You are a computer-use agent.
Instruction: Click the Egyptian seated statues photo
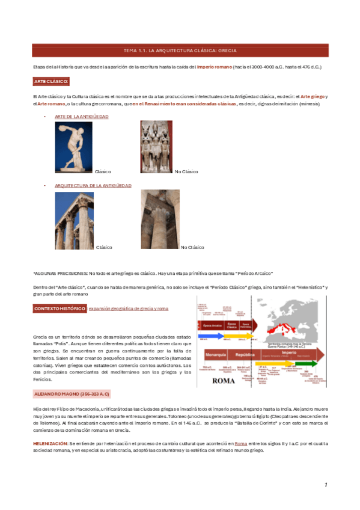(156, 147)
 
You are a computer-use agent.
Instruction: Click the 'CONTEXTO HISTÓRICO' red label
(59, 309)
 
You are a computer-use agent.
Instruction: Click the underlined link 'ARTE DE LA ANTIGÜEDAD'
(81, 117)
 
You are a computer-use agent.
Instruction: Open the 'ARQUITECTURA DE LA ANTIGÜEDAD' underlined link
(93, 186)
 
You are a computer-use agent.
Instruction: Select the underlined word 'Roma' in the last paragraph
(240, 443)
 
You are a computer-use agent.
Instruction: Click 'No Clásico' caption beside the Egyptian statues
(186, 172)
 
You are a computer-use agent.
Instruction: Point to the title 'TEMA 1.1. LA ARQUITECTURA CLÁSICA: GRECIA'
(180, 52)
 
